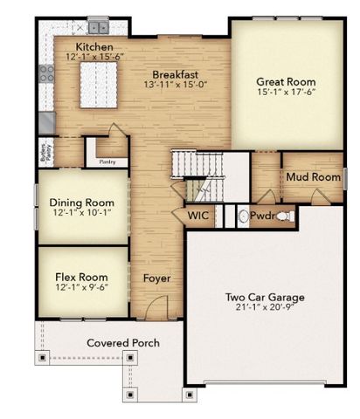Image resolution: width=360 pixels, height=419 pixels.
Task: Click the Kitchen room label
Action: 93,46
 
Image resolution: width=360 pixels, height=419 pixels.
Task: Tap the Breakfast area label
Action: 173,74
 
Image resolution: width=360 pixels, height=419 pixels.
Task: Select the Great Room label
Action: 286,78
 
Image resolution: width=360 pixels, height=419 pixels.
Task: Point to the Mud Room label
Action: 312,177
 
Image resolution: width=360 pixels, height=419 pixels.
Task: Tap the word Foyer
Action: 157,279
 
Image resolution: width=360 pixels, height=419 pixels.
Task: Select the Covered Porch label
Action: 122,343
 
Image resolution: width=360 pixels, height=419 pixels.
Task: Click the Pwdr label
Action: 262,215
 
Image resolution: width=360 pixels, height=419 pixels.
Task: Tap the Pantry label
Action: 107,161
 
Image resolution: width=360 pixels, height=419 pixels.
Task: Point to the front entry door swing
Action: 155,308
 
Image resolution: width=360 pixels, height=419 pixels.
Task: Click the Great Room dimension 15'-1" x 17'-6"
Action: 286,91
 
